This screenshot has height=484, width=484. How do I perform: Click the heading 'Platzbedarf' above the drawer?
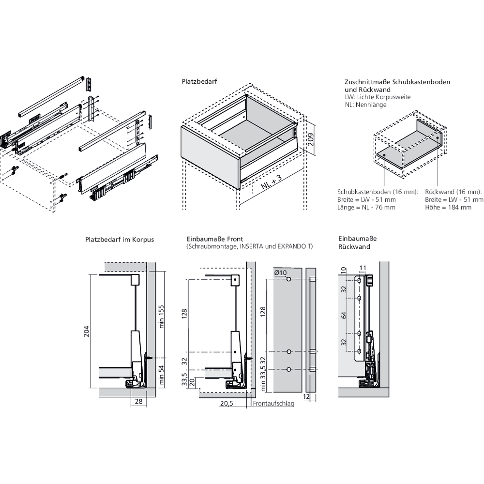pos(199,81)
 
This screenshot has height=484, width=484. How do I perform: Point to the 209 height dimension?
pos(311,139)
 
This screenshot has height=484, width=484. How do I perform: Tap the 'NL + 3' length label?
pos(272,182)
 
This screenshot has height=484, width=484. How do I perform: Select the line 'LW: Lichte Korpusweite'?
pos(378,97)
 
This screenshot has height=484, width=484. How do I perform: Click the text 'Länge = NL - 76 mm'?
pos(366,208)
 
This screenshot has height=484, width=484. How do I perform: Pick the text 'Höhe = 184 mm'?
pos(448,208)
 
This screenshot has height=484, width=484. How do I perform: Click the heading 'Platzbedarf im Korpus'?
pos(120,240)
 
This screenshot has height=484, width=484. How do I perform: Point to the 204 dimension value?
pos(87,331)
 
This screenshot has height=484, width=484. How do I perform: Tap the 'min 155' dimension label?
pos(161,317)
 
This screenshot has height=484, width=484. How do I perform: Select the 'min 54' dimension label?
pos(161,375)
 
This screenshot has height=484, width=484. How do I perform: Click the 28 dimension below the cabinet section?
pos(138,401)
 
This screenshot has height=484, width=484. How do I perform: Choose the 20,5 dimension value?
pos(227,403)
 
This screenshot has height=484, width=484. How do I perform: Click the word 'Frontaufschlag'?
pos(273,404)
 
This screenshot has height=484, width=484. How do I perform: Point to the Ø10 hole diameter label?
pos(280,272)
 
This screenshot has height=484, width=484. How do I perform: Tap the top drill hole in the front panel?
pos(289,279)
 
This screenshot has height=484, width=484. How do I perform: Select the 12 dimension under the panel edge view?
pos(306,396)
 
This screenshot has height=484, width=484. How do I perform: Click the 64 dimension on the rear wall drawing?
pos(344,315)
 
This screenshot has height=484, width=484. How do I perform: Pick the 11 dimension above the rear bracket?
pos(363,268)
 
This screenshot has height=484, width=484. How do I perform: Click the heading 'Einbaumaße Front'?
pos(215,239)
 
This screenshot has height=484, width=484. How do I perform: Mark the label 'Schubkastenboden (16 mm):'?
pos(378,192)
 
